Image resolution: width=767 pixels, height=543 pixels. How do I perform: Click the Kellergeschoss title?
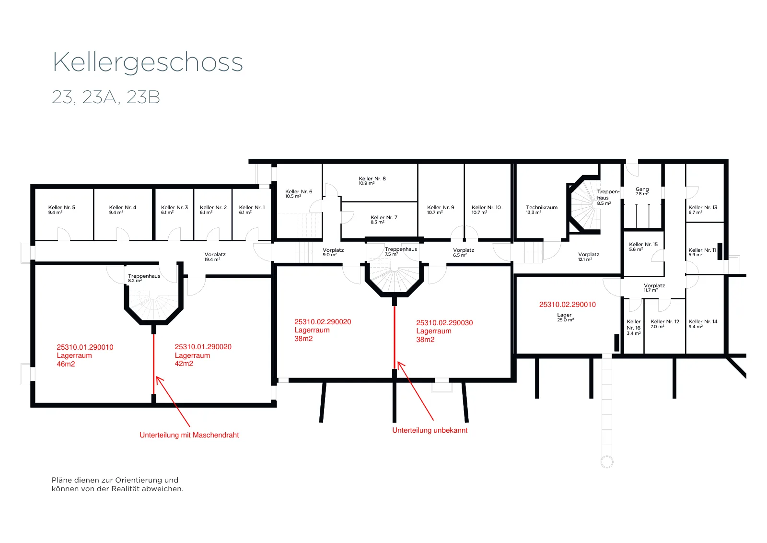[x=148, y=62]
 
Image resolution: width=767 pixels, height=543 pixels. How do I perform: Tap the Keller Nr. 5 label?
[x=62, y=210]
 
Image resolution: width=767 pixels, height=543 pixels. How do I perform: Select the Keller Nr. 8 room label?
[x=372, y=181]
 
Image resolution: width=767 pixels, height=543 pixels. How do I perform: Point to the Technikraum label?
[x=542, y=210]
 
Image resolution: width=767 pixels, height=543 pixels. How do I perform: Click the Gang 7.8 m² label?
[x=642, y=191]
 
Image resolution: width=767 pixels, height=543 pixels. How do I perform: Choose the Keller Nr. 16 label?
[x=634, y=327]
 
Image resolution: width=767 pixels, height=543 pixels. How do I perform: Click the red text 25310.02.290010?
[x=568, y=305]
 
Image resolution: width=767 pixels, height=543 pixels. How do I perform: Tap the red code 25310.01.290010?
[x=85, y=347]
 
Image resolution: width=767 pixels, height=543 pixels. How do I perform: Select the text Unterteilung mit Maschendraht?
[x=189, y=435]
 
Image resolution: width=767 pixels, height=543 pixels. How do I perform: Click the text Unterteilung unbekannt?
[x=430, y=430]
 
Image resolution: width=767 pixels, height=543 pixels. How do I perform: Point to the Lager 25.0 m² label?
[x=565, y=317]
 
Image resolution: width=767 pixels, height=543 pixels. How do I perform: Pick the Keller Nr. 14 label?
[x=703, y=324]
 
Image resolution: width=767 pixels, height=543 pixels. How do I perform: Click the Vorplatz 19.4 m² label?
[x=215, y=257]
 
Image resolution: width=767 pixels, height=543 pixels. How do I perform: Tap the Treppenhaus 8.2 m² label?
[x=144, y=278]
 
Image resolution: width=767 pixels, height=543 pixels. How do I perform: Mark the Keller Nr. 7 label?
[x=384, y=220]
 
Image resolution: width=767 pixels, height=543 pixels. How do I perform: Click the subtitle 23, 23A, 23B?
[x=106, y=97]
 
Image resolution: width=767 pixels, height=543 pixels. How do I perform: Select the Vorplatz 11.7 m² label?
[x=654, y=288]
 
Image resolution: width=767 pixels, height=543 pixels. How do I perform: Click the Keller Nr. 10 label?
[x=486, y=210]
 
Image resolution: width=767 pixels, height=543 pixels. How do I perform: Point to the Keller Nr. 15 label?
[x=643, y=247]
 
